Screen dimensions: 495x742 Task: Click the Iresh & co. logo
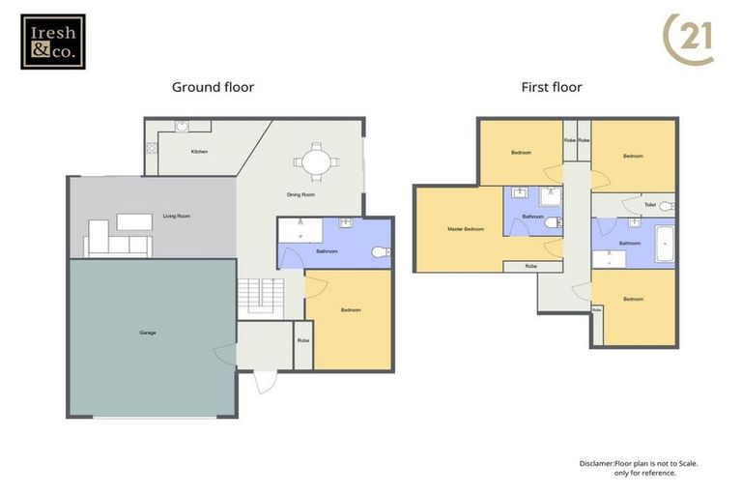(x=52, y=42)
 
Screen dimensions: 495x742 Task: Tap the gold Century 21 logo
(x=688, y=40)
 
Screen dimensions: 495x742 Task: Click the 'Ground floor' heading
(x=213, y=87)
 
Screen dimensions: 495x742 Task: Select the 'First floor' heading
(x=551, y=87)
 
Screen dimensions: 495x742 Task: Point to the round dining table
(x=315, y=161)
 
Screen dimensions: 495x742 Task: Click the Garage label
(x=147, y=333)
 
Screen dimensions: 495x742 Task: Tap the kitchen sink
(x=181, y=126)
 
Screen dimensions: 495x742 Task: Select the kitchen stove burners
(x=151, y=148)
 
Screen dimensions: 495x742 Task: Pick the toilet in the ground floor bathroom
(x=380, y=252)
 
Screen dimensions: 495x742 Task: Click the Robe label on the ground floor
(x=302, y=340)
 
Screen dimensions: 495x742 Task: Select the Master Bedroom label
(x=465, y=229)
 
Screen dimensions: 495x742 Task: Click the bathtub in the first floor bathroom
(x=665, y=244)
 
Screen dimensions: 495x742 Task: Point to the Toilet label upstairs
(x=650, y=205)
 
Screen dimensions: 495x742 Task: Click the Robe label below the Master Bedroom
(x=530, y=266)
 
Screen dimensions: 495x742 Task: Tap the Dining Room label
(x=300, y=195)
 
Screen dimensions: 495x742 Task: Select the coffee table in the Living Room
(x=133, y=221)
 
